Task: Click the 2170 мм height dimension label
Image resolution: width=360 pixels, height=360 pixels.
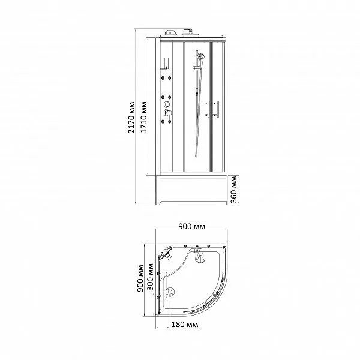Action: [x=131, y=118]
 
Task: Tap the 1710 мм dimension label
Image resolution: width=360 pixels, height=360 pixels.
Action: [x=144, y=118]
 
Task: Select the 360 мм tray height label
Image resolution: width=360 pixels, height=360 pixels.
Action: [x=234, y=190]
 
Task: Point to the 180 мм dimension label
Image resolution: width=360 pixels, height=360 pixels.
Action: [x=185, y=325]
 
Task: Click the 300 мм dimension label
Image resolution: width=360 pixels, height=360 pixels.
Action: [x=150, y=277]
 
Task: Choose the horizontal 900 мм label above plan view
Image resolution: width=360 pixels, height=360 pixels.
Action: [x=192, y=227]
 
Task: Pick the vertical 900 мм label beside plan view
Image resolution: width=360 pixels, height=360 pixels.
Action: [x=140, y=278]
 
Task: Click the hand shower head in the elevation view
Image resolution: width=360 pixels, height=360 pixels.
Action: [x=201, y=56]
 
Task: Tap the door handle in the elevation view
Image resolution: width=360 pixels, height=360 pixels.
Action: [x=212, y=109]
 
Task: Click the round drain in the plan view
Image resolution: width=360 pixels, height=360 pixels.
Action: [x=170, y=292]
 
